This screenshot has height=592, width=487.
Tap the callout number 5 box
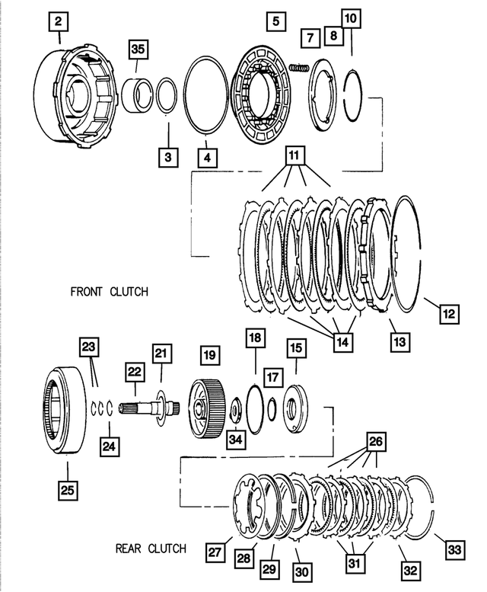[276, 21]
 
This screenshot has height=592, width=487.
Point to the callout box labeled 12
[449, 312]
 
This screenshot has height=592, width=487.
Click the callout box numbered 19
[209, 355]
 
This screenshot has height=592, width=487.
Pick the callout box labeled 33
[454, 549]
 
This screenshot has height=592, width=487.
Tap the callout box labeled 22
[135, 371]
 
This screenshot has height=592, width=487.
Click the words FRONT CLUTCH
[109, 292]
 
